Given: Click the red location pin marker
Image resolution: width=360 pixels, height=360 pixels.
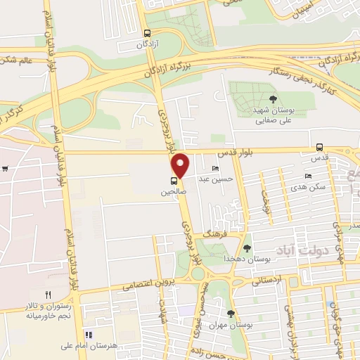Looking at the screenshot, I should point(181,165).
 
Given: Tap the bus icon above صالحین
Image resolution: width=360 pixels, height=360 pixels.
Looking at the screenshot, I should point(174,180).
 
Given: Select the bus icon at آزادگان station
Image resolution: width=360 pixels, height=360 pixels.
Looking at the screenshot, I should point(147,33).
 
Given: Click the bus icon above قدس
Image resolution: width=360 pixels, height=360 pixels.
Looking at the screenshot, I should point(321,148).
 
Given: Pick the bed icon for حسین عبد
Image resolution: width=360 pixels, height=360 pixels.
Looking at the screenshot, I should point(215,169).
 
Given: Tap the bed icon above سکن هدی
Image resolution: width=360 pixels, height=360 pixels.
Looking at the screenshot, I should point(308,176).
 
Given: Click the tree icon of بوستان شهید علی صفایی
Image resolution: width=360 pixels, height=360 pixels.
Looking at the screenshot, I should point(274,99).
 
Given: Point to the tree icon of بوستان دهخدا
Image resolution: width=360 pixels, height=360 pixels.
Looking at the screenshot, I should point(247,247).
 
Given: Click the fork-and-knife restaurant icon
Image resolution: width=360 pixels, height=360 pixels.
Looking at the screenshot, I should point(48,295).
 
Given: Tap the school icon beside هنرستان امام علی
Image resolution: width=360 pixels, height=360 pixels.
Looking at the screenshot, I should point(89,334).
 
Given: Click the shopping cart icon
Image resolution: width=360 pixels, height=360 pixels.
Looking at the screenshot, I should point(5,168).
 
